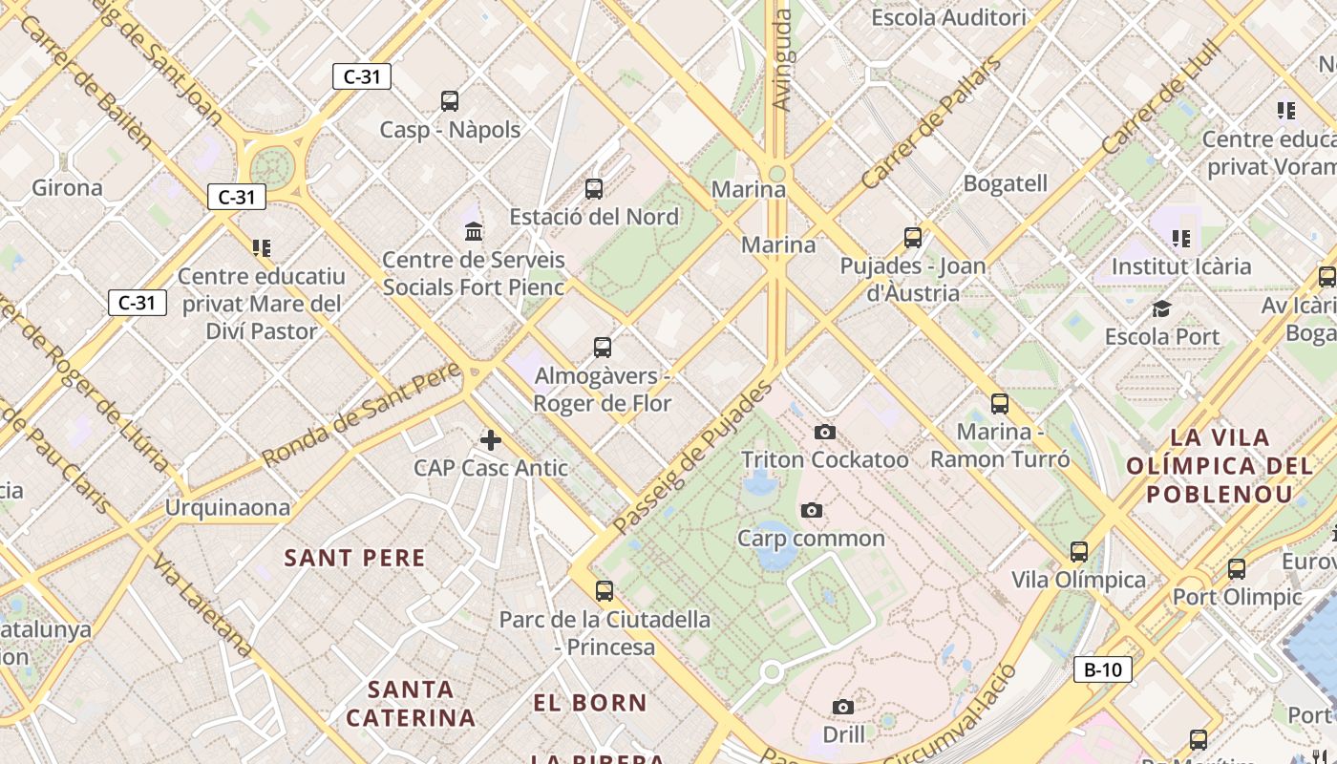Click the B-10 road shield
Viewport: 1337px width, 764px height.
1103,669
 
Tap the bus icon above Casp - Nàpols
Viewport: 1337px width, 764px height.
450,100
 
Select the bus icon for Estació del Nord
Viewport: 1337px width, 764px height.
594,188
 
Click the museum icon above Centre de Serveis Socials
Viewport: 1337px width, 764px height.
473,231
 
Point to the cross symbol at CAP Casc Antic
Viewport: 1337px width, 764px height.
490,440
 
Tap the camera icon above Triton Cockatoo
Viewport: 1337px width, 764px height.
825,433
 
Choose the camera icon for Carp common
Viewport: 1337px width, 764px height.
811,510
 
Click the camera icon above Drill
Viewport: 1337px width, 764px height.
842,707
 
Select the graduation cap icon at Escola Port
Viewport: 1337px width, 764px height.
1161,308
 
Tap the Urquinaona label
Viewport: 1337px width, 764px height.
227,507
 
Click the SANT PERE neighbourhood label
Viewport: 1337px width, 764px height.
355,558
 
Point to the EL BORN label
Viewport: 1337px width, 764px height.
590,704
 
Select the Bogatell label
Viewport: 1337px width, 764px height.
1006,183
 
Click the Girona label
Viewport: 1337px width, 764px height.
67,187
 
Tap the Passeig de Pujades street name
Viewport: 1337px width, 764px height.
691,458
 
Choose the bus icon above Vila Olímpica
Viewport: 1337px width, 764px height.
1079,551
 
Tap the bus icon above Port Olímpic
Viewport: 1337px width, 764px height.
1236,569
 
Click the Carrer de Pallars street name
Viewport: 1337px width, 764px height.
930,122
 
